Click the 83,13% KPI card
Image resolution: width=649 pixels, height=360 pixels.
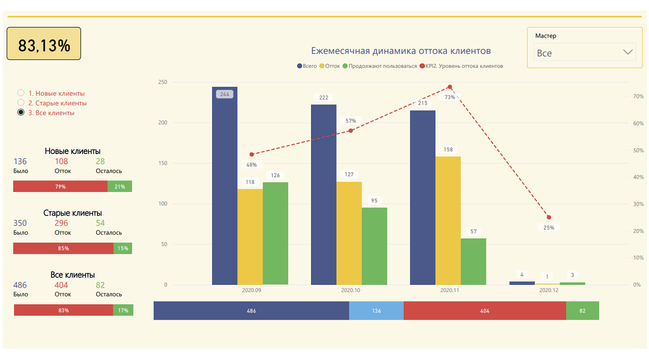44,44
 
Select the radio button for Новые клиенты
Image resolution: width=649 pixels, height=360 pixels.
21,93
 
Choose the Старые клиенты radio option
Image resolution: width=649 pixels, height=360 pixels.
21,103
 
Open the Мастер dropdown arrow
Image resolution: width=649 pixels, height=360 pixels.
628,52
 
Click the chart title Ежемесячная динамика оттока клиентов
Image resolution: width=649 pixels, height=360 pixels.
401,51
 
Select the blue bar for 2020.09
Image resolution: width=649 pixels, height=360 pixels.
225,186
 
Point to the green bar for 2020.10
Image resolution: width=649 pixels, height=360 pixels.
374,246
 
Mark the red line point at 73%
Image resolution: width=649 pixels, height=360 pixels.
449,87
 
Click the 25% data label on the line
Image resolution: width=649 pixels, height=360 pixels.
549,228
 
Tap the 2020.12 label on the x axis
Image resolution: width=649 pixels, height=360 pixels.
549,290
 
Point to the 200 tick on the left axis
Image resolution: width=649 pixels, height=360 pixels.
162,123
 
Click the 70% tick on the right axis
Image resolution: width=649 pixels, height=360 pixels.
638,96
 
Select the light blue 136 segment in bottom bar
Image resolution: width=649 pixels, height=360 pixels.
376,311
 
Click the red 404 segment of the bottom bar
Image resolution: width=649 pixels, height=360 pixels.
485,311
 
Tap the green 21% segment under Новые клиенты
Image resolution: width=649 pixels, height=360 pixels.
120,186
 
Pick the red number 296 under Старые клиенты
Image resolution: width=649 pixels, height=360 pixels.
61,223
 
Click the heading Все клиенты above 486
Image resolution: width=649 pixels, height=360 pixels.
73,275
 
